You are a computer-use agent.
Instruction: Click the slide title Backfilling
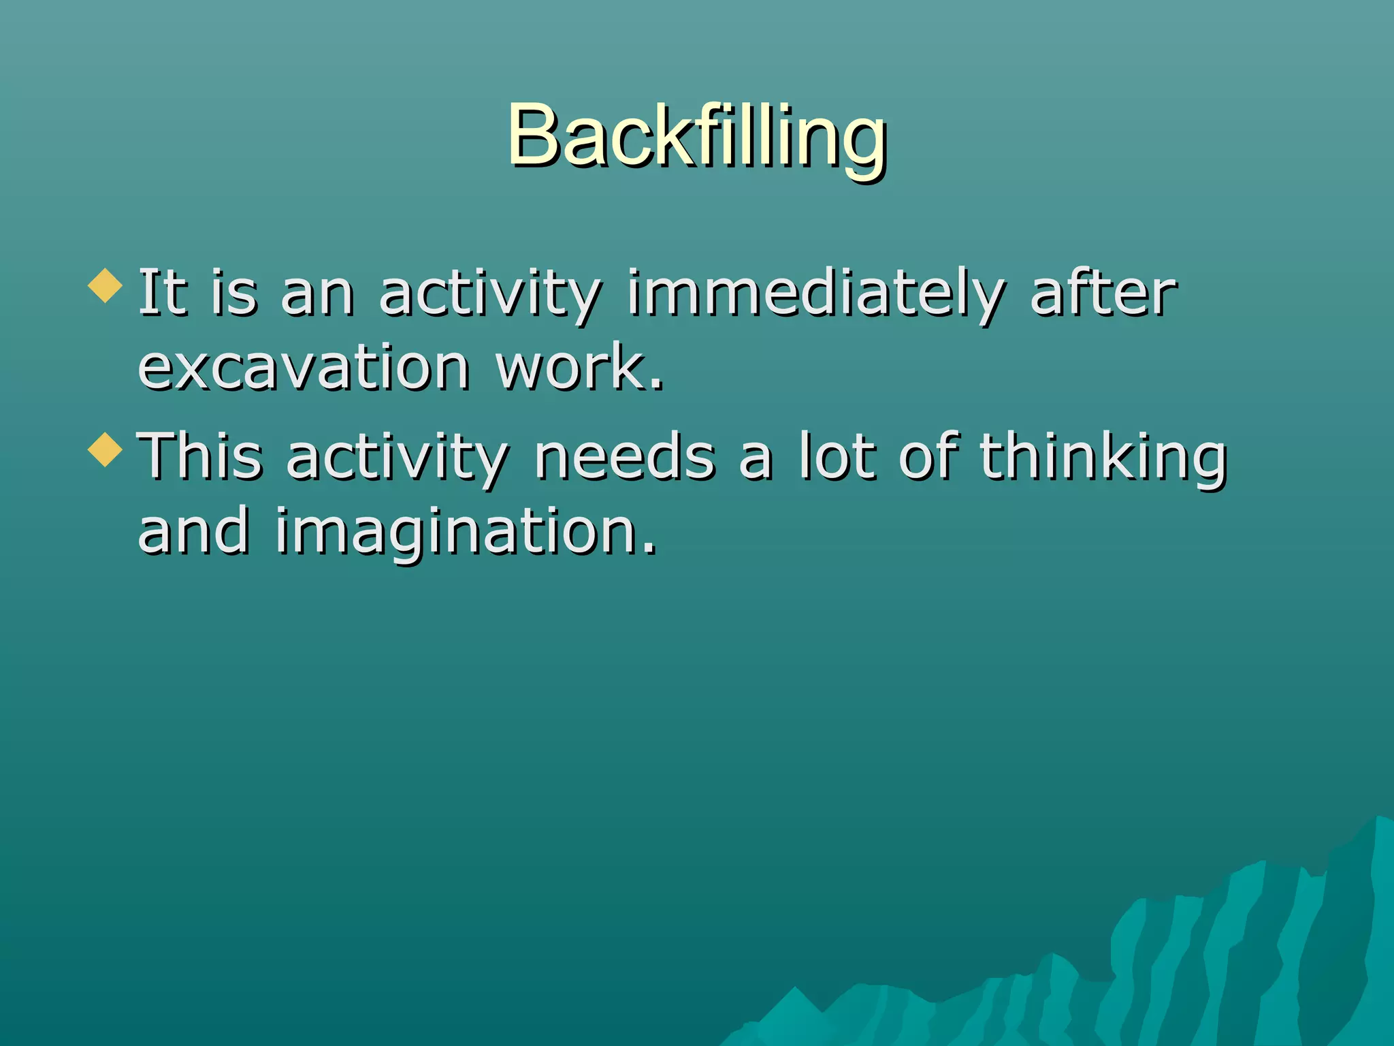[x=696, y=136]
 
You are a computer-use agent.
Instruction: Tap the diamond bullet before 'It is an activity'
[x=106, y=285]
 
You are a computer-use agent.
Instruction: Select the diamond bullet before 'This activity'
[x=106, y=449]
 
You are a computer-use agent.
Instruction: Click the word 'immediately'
[x=815, y=294]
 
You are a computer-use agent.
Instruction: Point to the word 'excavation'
[x=304, y=368]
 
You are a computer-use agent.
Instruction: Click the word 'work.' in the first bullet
[x=579, y=368]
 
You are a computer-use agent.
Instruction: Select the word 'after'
[x=1103, y=294]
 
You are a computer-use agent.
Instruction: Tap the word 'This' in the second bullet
[x=200, y=456]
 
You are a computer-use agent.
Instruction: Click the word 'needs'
[x=624, y=456]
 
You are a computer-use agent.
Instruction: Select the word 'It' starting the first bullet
[x=162, y=294]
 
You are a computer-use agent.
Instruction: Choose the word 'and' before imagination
[x=193, y=531]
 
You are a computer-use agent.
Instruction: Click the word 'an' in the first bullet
[x=317, y=296]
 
